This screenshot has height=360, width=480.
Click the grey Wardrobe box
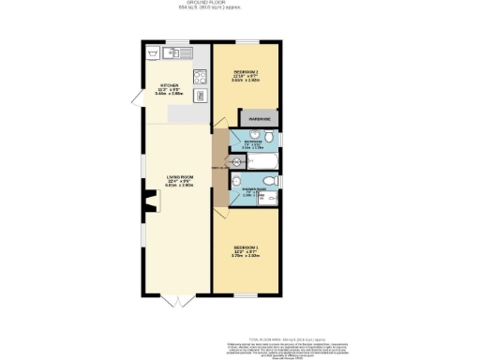(x=260, y=118)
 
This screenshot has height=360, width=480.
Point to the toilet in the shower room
(x=238, y=182)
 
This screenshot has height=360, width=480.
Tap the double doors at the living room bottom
(x=176, y=301)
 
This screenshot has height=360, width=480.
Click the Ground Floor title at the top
(x=239, y=4)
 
